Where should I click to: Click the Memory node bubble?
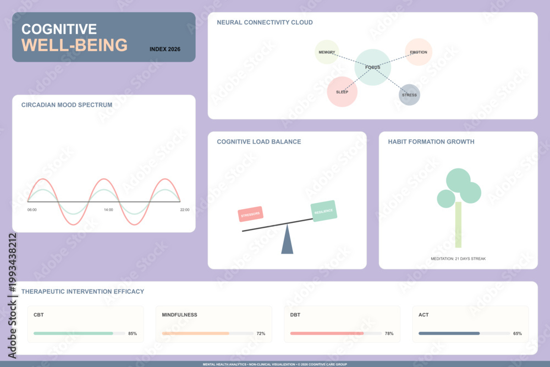point(327,52)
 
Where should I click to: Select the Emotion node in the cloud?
point(419,52)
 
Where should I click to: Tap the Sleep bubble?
point(342,91)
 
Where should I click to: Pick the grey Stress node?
point(409,95)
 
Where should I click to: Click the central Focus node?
point(372,67)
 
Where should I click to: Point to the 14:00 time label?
point(108,210)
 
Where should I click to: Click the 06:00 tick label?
point(32,210)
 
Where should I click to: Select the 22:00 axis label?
point(185,210)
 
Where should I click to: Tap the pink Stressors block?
point(250,214)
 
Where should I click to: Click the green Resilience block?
point(324,211)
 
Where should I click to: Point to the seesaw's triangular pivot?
point(287,239)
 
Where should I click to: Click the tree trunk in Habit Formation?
point(458,224)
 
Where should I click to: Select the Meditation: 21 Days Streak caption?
point(458,259)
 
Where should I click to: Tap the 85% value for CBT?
point(133,333)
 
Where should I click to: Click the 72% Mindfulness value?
point(261,333)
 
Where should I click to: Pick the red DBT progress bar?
point(327,333)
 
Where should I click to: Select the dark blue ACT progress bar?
point(449,333)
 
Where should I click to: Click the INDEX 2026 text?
point(165,49)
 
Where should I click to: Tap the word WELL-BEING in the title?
point(74,45)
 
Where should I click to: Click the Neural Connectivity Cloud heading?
point(265,23)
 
